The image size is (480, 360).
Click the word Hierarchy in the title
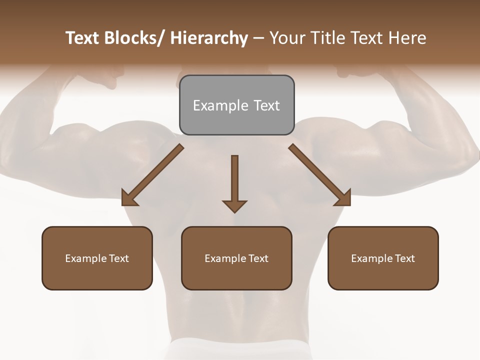(209, 38)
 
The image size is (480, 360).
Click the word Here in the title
(407, 38)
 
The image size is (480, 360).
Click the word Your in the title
(288, 38)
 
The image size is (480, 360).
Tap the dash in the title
(258, 39)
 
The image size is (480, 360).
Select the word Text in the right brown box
(404, 258)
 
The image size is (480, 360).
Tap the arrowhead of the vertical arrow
(234, 206)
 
